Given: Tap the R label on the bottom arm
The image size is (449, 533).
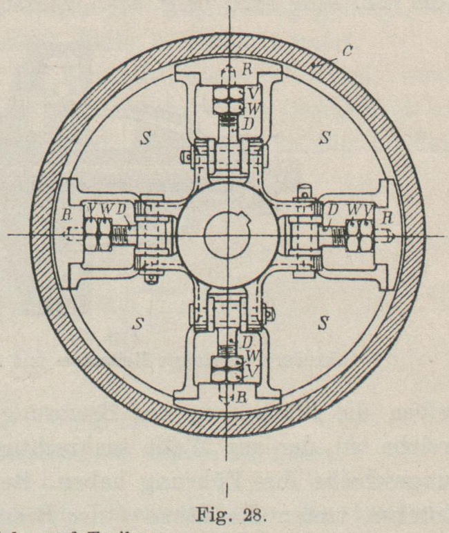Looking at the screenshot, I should (x=242, y=398).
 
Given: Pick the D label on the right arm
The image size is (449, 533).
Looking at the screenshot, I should (x=333, y=208).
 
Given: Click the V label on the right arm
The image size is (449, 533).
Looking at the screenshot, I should (x=373, y=209).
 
